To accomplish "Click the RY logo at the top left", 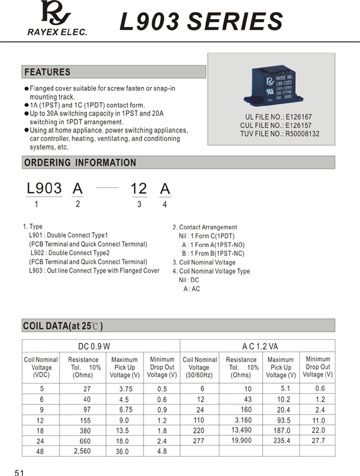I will coord(56,14).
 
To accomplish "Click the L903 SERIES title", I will coord(201,22).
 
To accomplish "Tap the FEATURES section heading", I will coord(47,72).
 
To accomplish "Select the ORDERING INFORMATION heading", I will coord(80,163).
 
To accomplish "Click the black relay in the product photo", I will coord(271,88).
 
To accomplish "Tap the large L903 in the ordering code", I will coord(44,188).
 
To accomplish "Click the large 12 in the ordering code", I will coord(139,188).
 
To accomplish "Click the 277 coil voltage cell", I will coord(199,441).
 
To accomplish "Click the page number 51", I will coord(19,472).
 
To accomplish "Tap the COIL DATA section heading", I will coord(63,326).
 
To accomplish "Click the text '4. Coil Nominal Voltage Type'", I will coord(211,271).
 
